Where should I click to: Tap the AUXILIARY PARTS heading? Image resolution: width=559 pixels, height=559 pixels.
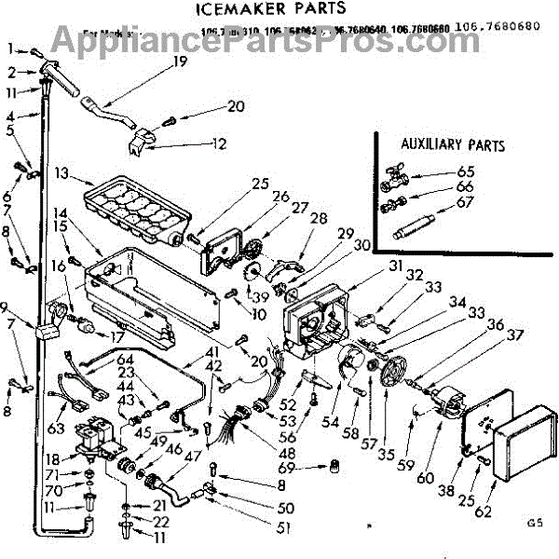453,145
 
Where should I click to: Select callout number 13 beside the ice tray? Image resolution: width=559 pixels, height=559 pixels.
61,173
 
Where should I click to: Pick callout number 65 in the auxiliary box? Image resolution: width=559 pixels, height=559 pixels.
466,170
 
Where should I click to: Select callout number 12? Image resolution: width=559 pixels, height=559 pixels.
219,143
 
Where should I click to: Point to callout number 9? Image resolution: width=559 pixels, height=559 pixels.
5,308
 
